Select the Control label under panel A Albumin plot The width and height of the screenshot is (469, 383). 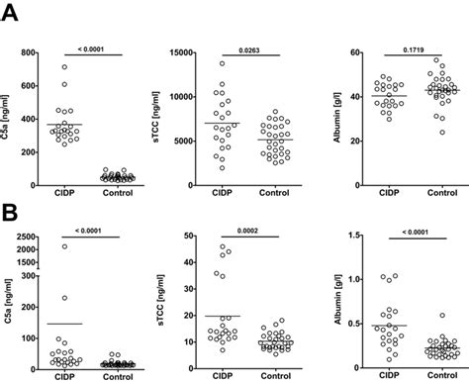426,197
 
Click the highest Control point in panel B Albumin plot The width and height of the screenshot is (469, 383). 426,316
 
